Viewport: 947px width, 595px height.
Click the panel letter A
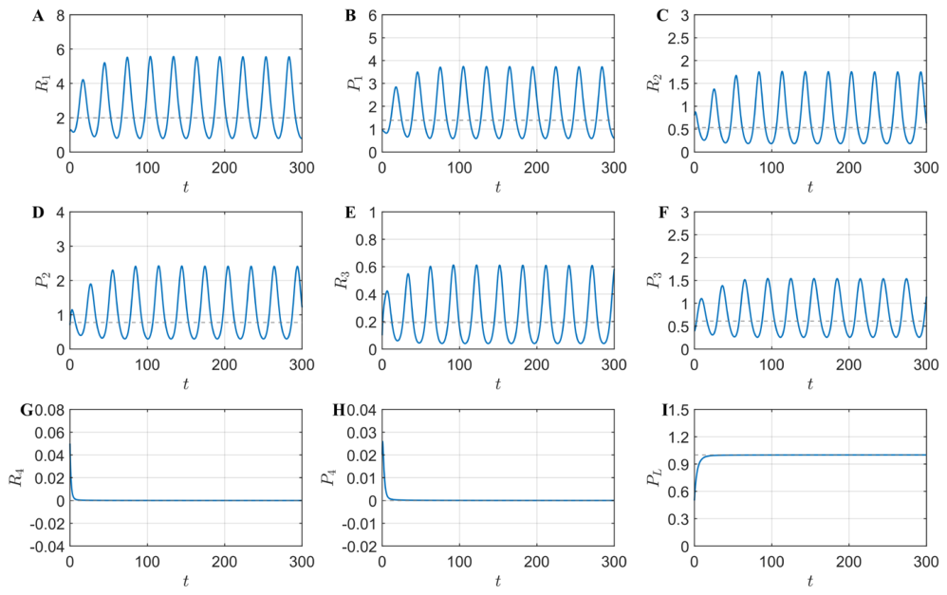pos(37,16)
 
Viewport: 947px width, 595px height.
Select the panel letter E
pos(350,213)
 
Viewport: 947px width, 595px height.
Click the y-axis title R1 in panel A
pos(44,84)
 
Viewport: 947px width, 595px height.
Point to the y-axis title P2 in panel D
pos(44,280)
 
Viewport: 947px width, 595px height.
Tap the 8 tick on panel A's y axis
pos(60,15)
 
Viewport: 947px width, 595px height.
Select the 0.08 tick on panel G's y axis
pos(49,410)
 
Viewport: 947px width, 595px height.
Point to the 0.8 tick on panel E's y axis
pos(364,240)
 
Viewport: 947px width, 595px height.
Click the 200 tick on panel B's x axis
pos(537,167)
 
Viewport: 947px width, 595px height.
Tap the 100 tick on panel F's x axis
pos(771,364)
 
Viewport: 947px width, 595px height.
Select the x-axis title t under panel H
pos(497,581)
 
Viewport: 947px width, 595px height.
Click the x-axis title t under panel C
pos(810,187)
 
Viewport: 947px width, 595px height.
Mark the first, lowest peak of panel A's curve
pos(83,80)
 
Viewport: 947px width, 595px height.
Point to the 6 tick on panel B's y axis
pos(372,15)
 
